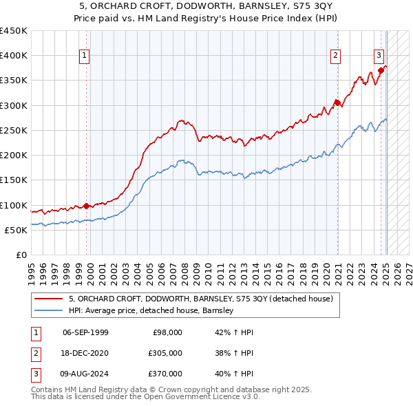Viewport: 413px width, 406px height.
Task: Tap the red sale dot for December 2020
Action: (x=337, y=103)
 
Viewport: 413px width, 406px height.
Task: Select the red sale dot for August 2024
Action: (x=381, y=70)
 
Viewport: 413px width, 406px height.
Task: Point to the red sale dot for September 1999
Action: (x=86, y=206)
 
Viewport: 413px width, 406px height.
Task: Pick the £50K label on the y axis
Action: (x=17, y=230)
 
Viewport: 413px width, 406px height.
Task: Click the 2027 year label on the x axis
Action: (x=407, y=270)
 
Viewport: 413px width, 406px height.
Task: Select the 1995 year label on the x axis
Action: (x=31, y=270)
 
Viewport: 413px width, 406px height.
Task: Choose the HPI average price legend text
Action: (x=151, y=310)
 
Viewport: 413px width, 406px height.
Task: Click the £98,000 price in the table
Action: (x=167, y=332)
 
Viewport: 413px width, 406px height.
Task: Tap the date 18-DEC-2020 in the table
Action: (x=85, y=353)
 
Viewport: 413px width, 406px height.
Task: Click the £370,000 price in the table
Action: (x=165, y=374)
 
